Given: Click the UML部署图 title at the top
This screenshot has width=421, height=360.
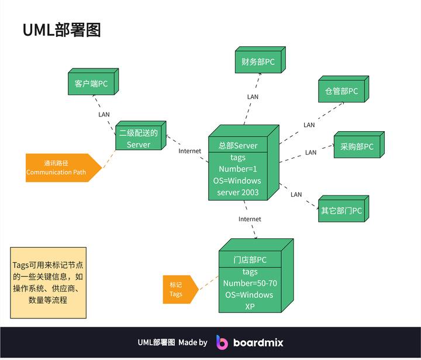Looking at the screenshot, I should point(61,30).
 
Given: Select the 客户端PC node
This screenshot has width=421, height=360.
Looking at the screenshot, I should point(91,84).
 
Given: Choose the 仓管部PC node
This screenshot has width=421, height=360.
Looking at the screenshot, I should point(341,91).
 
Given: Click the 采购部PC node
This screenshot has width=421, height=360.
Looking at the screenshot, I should point(357,147).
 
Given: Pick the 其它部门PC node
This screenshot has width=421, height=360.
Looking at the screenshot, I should point(341,210).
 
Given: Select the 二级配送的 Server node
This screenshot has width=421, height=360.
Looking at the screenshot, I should point(139,139).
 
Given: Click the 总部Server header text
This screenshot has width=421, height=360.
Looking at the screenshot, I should point(238,146).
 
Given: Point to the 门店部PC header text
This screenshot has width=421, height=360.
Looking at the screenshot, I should point(250,260).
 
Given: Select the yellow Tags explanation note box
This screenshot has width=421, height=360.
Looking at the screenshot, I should point(48,282).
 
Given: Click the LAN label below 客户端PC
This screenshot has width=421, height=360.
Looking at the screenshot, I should point(103,114).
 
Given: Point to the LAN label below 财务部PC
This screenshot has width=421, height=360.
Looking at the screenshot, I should point(253,97).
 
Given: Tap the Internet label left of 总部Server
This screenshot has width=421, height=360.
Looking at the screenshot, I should point(189,151).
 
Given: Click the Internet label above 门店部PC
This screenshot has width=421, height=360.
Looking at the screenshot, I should point(250,219).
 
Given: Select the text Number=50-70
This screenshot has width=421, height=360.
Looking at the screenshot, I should point(250,283).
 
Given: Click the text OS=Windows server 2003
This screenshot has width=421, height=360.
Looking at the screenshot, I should point(238,186).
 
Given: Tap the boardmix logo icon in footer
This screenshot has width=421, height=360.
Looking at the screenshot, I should point(222,342).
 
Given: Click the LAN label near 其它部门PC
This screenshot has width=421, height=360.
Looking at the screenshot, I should point(296,194).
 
